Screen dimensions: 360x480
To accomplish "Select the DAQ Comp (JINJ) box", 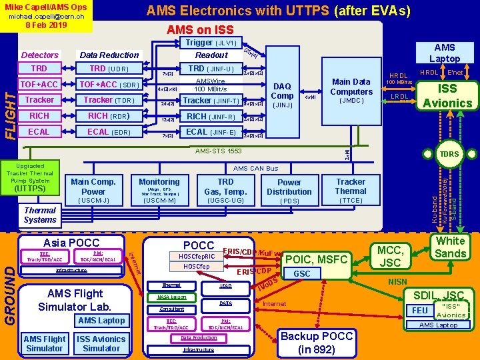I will (283, 95).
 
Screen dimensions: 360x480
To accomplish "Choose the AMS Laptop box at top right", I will (445, 53).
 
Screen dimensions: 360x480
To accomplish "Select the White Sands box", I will (451, 247).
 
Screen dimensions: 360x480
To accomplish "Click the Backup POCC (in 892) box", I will (317, 342).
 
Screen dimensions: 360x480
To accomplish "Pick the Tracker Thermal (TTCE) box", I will (351, 190).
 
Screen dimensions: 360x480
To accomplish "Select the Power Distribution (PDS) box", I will (289, 191).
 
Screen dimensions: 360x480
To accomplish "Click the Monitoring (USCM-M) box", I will (159, 190).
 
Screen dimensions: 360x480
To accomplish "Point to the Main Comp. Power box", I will (93, 190).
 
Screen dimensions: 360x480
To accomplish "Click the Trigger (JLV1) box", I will (211, 43).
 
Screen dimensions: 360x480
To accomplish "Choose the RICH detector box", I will (39, 116).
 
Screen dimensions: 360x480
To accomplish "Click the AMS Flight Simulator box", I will (45, 343).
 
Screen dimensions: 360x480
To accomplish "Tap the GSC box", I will (302, 273).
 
